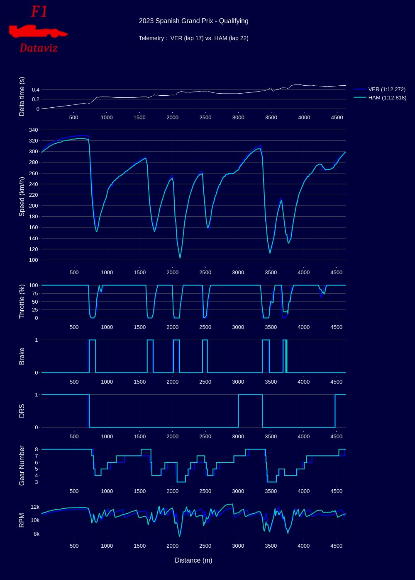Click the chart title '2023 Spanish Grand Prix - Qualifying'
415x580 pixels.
(193, 21)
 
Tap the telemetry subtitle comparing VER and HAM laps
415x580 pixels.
(193, 38)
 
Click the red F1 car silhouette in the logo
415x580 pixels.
(37, 31)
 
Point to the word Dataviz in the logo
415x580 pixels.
(39, 48)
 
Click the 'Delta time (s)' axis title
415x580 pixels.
(22, 97)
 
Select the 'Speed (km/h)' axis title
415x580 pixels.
(22, 196)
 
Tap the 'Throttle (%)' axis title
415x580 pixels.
(22, 301)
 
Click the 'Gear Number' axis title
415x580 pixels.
(22, 465)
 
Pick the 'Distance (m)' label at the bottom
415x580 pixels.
(193, 560)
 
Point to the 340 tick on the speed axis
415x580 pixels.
(33, 130)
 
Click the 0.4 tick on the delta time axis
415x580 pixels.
(35, 89)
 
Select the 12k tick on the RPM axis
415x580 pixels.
(35, 507)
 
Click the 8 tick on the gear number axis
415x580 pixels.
(37, 449)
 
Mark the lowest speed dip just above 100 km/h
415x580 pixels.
(180, 258)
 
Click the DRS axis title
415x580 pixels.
(22, 411)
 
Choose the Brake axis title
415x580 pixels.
(22, 356)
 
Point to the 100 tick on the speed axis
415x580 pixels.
(33, 260)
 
